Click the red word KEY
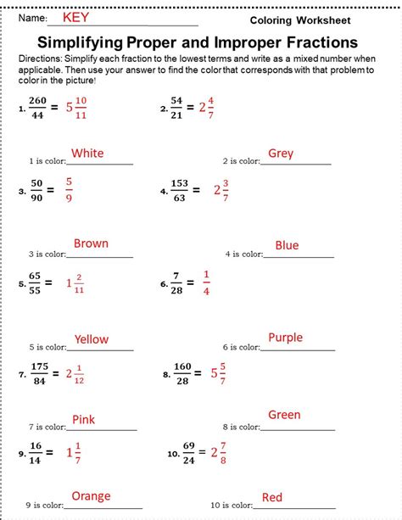[75, 16]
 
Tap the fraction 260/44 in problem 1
[36, 107]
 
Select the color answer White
[87, 153]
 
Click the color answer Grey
[280, 153]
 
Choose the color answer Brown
[91, 243]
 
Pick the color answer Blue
[287, 245]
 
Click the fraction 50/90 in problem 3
[36, 189]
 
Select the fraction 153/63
[181, 189]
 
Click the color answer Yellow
[91, 339]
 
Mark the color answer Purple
[285, 338]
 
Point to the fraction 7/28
[176, 282]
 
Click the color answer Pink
[83, 418]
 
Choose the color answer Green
[284, 415]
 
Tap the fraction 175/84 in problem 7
[39, 372]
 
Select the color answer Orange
[91, 496]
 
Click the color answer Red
[272, 497]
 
